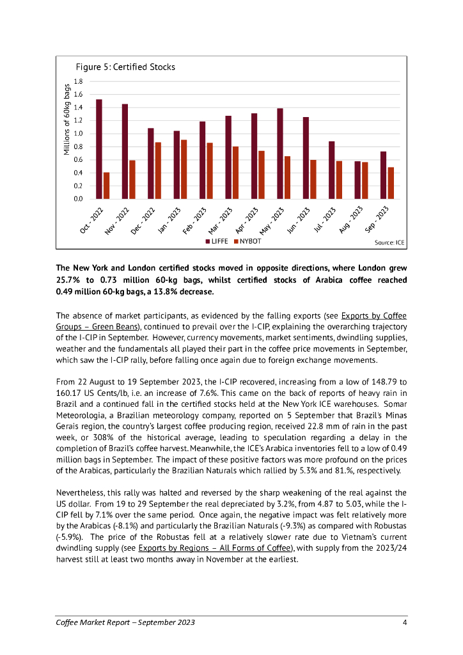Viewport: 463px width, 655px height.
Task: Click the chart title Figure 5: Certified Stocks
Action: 125,67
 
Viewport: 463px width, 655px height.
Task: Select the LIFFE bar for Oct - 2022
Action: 99,149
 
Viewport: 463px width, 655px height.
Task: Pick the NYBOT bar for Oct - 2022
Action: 107,185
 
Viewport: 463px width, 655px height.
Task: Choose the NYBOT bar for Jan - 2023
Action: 184,170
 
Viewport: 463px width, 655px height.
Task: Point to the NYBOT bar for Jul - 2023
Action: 339,180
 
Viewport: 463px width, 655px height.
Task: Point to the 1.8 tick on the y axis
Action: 79,82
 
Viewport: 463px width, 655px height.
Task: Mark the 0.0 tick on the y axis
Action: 79,199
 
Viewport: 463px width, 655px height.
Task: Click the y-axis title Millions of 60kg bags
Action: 67,120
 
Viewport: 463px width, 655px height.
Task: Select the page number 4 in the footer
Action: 404,623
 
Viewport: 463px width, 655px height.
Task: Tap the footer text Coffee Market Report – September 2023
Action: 125,623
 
